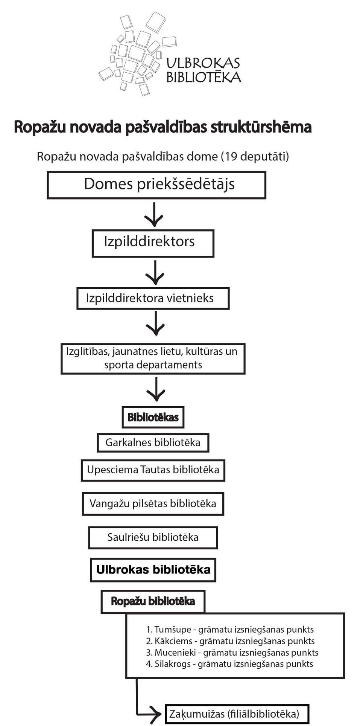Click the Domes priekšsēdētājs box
156,185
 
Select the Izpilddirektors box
153,243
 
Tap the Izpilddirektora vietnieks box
153,299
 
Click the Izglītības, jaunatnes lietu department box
153,358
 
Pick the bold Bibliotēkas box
153,417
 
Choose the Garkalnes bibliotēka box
153,443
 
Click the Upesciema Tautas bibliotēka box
153,470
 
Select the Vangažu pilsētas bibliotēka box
153,504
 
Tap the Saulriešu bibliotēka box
153,537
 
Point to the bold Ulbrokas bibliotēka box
153,570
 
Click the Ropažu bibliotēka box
153,601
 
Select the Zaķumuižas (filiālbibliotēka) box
237,714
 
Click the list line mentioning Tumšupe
230,630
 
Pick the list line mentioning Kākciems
230,641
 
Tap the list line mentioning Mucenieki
232,653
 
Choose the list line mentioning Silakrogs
229,664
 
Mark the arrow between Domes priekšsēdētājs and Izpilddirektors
154,215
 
